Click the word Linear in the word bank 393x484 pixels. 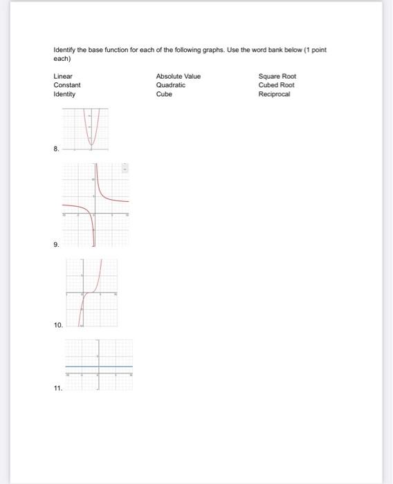coord(63,76)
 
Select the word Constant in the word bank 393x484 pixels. coord(67,85)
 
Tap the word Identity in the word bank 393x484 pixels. coord(64,94)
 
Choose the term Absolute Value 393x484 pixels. coord(178,76)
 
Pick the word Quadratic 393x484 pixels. coord(171,85)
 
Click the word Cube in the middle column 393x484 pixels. coord(164,94)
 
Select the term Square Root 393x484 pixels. coord(277,76)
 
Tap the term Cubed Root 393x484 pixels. coord(276,85)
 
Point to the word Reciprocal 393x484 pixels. coord(275,94)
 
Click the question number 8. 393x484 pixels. coord(56,148)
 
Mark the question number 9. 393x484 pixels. coord(56,245)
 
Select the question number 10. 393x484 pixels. coord(58,324)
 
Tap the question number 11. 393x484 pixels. coord(58,389)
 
